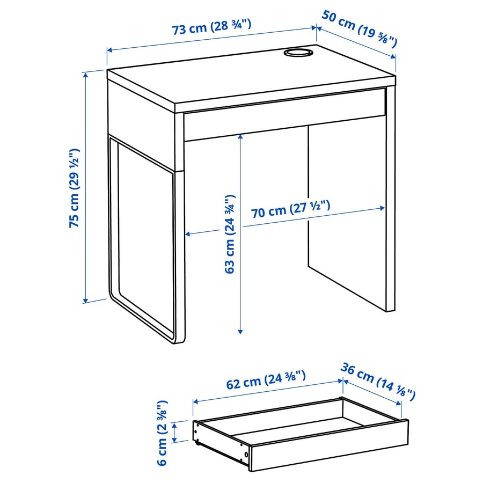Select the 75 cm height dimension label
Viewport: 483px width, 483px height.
pos(75,188)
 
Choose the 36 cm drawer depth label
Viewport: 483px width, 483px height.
pos(378,380)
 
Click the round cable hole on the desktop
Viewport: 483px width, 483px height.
pos(298,53)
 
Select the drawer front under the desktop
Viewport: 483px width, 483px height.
pos(284,121)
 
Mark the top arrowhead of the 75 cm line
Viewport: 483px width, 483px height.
pos(85,74)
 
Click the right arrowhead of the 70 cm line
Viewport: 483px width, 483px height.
pos(383,208)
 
